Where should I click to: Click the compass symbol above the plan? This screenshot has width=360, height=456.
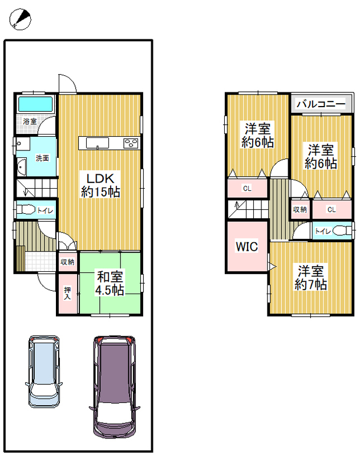[20, 19]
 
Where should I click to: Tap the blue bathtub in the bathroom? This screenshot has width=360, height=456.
[35, 104]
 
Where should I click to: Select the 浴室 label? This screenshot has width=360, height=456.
[30, 121]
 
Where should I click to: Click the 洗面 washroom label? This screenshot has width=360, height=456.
[42, 158]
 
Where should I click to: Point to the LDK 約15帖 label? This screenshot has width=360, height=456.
[100, 185]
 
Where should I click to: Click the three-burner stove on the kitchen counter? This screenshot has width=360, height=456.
[131, 143]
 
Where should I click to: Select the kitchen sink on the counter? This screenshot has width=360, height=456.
[97, 143]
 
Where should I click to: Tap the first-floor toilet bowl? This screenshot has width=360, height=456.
[25, 210]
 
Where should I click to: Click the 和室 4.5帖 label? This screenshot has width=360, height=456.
[110, 283]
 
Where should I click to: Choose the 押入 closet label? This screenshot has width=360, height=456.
[67, 293]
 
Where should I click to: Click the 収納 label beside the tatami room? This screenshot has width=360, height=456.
[67, 262]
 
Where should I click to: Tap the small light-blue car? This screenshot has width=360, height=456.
[44, 372]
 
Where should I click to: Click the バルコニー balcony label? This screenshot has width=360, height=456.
[321, 104]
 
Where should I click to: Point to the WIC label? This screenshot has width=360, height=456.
[247, 247]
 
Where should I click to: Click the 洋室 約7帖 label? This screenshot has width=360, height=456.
[311, 278]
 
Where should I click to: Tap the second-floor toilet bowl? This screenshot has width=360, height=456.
[342, 231]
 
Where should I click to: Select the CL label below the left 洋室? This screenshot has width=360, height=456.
[247, 189]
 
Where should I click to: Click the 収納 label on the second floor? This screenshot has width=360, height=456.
[300, 209]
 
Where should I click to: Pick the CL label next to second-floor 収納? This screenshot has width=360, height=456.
[331, 209]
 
